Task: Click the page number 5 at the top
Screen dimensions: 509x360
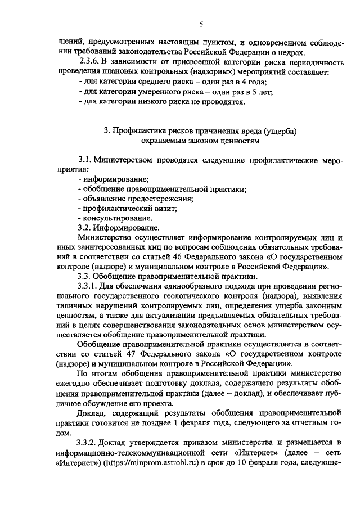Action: tap(200, 24)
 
